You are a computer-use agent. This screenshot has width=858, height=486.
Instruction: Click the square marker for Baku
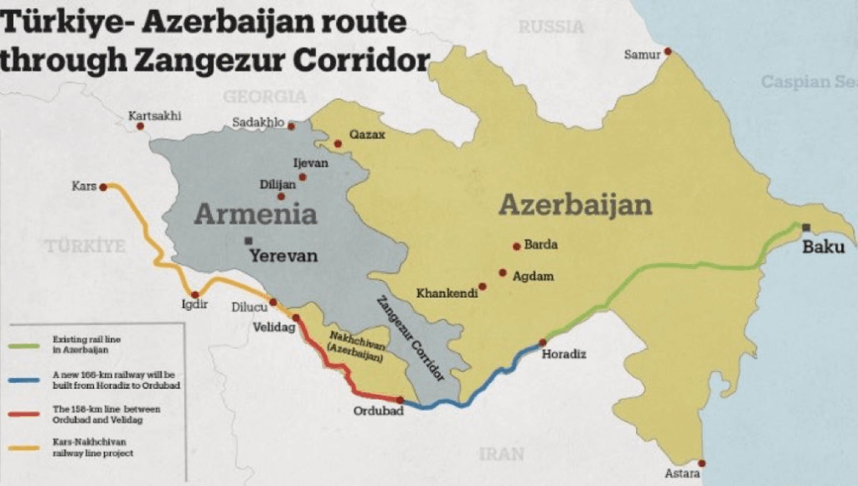[x=805, y=227]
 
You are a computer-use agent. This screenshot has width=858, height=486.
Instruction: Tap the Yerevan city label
[x=282, y=256]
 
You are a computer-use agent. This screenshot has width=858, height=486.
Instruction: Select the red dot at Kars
[x=103, y=187]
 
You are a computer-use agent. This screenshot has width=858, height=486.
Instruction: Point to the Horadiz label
[x=566, y=354]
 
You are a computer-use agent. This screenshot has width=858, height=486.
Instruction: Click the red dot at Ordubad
[x=401, y=400]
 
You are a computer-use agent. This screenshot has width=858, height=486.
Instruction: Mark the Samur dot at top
[x=668, y=52]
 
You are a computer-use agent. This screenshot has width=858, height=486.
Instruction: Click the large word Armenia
[x=256, y=214]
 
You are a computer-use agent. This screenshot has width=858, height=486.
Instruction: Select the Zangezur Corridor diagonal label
[x=410, y=339]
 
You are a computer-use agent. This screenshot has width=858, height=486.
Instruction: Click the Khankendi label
[x=447, y=293]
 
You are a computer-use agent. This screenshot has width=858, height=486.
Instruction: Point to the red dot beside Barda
[x=516, y=246]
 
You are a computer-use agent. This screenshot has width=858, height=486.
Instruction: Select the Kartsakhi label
[x=154, y=116]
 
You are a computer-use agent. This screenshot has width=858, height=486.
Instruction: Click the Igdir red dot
[x=195, y=295]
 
